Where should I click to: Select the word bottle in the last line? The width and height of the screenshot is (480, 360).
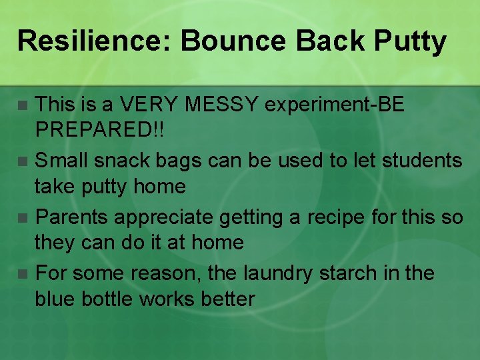[x=106, y=299]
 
